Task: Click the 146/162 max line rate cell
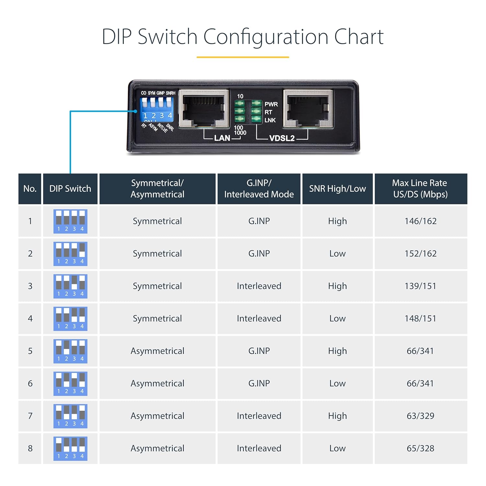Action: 420,221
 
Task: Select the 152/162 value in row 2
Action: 420,253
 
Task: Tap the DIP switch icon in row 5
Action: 70,351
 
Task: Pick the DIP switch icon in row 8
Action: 70,448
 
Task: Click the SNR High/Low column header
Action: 337,189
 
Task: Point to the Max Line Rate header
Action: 420,189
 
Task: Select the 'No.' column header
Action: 30,189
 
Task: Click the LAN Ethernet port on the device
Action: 204,109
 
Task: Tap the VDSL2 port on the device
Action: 308,109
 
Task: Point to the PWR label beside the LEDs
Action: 271,104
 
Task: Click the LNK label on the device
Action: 270,120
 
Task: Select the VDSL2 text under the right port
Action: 282,138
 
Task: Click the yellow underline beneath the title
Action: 243,57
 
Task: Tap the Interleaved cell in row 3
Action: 259,286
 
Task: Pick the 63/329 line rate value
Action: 420,416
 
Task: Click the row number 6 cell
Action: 30,383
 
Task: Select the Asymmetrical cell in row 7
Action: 157,416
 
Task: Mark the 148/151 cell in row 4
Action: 420,318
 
